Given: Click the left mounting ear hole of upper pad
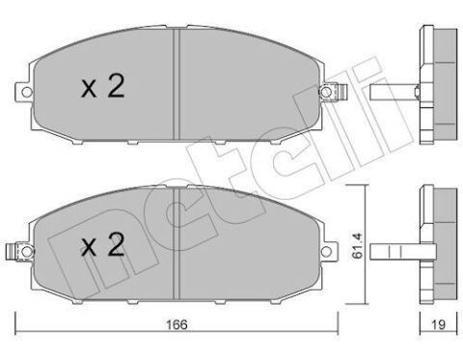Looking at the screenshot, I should (x=24, y=93).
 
